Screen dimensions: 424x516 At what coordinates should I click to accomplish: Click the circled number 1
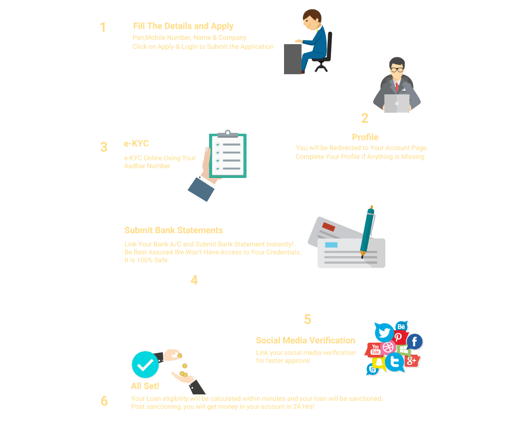point(103,27)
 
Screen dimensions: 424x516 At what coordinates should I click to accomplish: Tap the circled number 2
point(365,118)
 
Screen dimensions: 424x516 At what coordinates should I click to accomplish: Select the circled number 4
point(194,280)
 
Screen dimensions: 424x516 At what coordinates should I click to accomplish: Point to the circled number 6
point(104,401)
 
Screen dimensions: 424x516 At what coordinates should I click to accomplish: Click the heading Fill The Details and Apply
point(183,26)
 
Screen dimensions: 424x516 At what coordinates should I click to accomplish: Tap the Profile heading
point(365,137)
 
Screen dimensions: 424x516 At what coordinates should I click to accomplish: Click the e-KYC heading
point(136,144)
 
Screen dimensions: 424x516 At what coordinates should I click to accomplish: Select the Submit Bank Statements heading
point(173,230)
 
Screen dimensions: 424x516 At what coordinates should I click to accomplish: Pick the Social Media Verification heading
point(305,340)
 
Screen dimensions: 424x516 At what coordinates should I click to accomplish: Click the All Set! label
point(145,386)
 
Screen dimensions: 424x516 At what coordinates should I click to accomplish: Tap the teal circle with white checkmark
point(145,364)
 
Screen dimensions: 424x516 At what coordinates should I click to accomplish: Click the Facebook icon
point(415,341)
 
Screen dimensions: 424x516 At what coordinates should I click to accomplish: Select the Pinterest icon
point(398,337)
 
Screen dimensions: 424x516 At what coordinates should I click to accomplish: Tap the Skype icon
point(373,369)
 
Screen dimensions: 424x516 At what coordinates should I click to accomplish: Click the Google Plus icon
point(411,361)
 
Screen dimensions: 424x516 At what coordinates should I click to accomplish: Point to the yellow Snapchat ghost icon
point(379,363)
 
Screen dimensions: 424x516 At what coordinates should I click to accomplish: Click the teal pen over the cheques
point(367,231)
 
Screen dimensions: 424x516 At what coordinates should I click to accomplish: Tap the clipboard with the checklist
point(228,155)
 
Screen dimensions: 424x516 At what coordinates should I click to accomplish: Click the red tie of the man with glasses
point(396,87)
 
